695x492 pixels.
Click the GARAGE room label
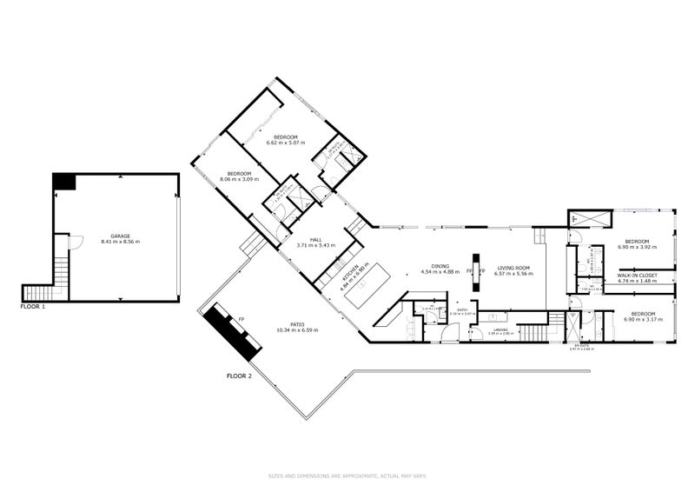[x=120, y=236]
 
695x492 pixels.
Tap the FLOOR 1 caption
[x=33, y=307]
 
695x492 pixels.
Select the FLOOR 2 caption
[x=239, y=376]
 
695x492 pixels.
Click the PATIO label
[x=297, y=325]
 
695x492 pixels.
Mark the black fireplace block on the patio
[x=232, y=335]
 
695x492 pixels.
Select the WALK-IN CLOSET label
[x=637, y=276]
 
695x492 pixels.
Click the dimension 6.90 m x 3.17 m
[x=643, y=319]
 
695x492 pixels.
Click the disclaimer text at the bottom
[x=347, y=475]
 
